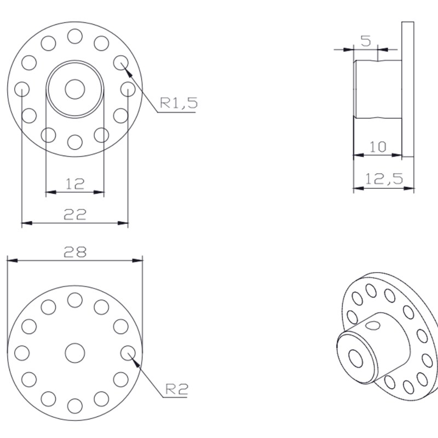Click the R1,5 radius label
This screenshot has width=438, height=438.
(178, 102)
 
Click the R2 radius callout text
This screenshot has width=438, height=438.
(176, 389)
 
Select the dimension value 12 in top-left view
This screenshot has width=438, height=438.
(75, 183)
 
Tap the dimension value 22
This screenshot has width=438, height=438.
(75, 215)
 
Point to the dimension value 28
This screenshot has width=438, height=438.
(75, 252)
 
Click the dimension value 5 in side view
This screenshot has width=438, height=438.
(366, 41)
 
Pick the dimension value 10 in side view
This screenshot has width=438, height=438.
(378, 146)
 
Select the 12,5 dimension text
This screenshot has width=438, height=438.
(384, 178)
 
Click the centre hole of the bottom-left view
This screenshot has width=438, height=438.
(75, 353)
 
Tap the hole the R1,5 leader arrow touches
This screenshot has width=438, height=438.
(120, 62)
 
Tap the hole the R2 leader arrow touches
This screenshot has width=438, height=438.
(128, 353)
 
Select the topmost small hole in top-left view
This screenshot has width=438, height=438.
(75, 36)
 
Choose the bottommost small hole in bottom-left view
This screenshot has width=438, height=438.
(75, 406)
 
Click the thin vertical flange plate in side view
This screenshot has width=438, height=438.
(407, 89)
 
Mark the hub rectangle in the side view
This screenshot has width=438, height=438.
(378, 89)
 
